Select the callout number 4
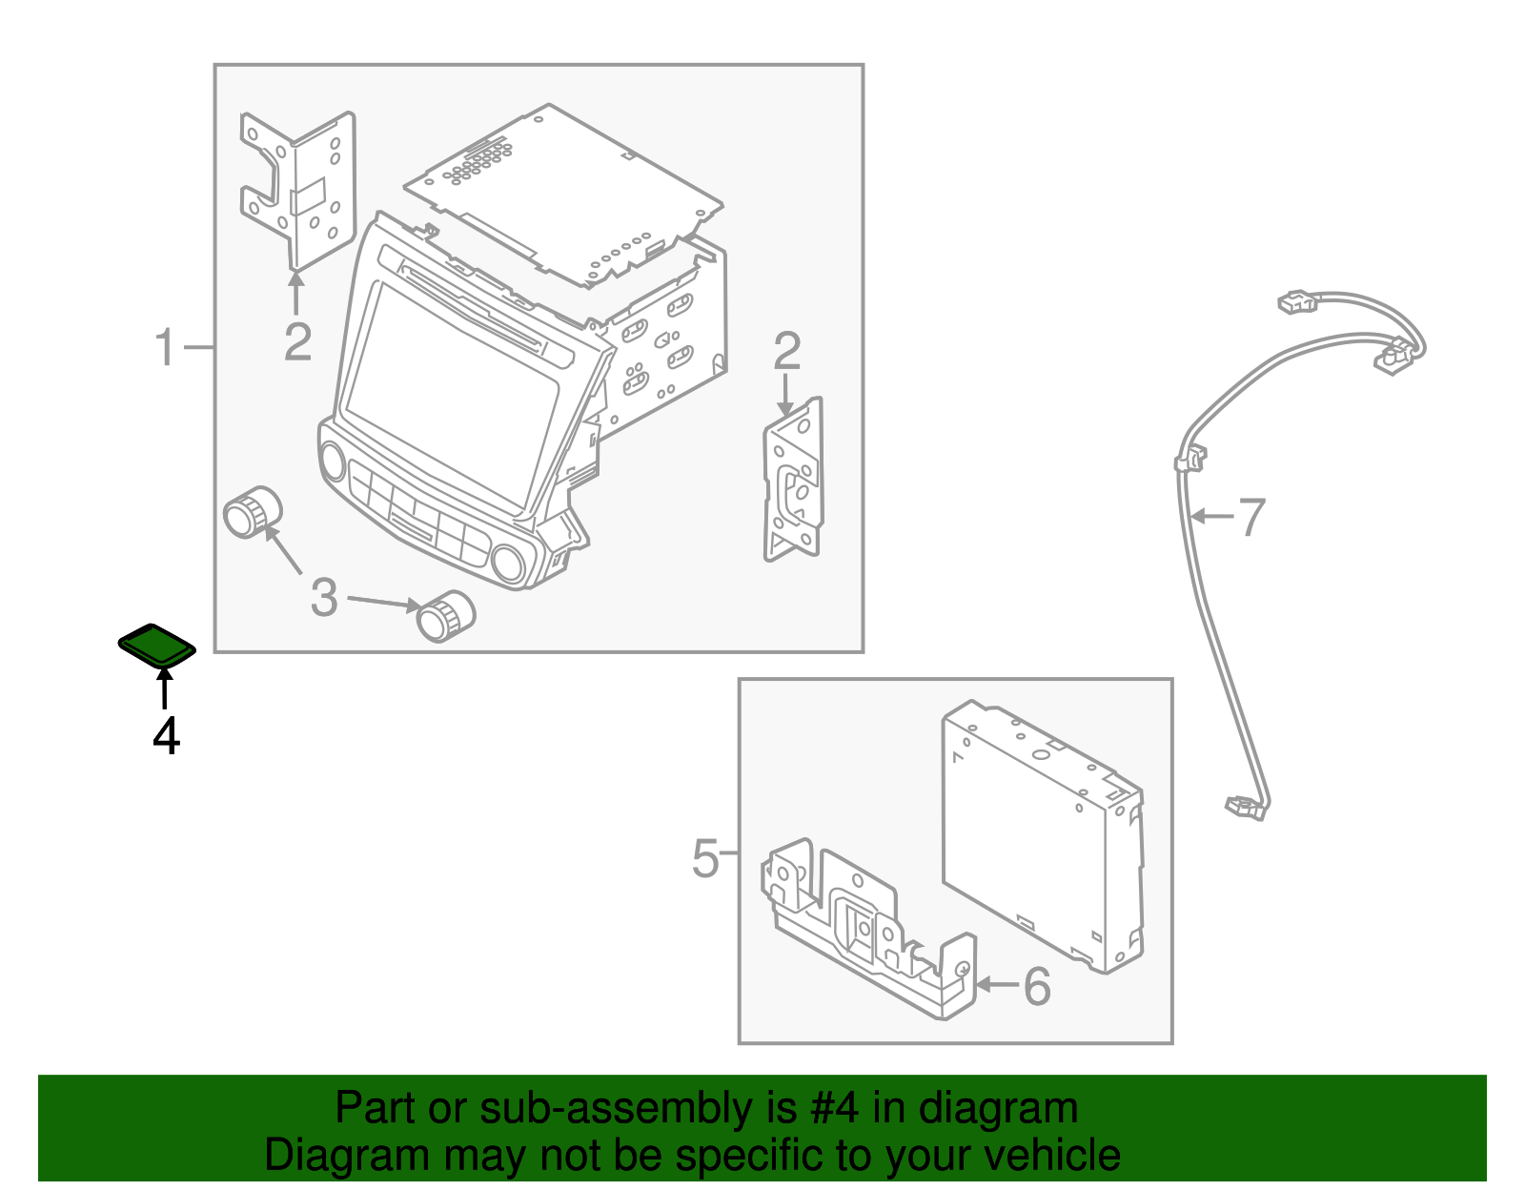pos(166,736)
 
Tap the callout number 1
pos(165,347)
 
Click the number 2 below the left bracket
pos(297,341)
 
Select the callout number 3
pos(324,598)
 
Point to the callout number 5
pos(705,858)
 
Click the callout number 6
pos(1036,986)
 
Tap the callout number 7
pos(1251,517)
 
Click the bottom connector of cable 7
pos(1245,808)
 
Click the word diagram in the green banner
pos(1021,1108)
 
